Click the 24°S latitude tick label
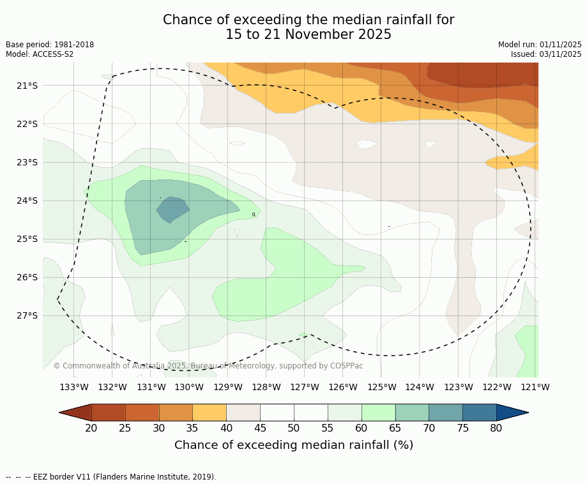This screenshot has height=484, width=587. [26, 200]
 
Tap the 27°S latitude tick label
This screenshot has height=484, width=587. [26, 315]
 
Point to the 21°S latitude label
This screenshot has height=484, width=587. [26, 86]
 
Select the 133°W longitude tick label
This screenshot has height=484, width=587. [74, 387]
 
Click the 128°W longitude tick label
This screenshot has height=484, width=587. [266, 387]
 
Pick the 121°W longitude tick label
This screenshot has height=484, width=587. [535, 387]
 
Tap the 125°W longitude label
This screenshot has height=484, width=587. [381, 387]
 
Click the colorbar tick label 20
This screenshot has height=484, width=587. [91, 428]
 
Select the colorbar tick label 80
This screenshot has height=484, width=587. [496, 428]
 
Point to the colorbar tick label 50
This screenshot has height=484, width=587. [294, 428]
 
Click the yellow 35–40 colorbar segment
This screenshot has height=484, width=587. [210, 412]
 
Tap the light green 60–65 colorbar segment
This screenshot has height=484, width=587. [378, 412]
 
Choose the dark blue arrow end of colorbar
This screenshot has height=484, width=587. [512, 412]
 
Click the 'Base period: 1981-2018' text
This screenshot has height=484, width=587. [50, 45]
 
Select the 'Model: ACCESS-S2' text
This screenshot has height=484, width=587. [40, 54]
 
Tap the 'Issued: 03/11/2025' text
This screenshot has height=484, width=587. [546, 54]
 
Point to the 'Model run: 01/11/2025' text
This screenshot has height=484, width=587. [540, 45]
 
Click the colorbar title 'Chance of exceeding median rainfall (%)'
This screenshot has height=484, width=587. [294, 445]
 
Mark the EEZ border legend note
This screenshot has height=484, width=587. [111, 476]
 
